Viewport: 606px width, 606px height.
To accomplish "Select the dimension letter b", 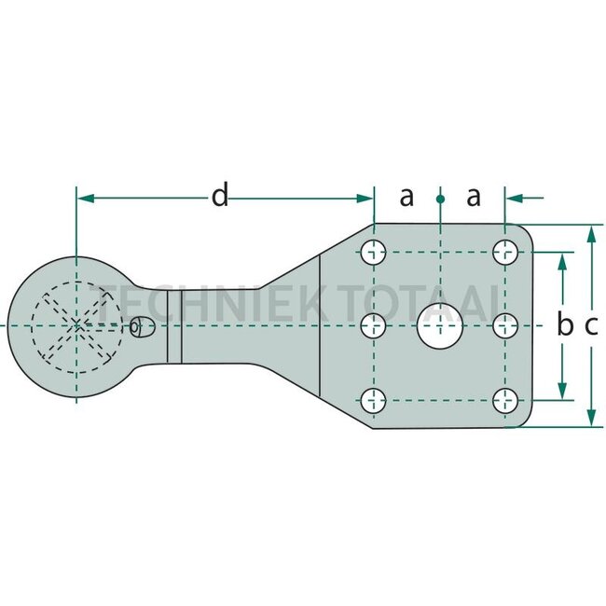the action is [565, 325].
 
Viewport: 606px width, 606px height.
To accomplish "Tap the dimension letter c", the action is [591, 326].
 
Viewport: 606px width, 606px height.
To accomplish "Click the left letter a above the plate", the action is [406, 197].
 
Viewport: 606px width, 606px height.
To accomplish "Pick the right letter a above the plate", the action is [474, 197].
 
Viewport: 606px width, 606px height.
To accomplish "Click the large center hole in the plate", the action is [440, 325].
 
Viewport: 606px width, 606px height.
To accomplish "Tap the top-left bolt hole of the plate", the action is [373, 252].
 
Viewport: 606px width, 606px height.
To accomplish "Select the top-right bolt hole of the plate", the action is [505, 252].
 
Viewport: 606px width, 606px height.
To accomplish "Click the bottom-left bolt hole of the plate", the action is [373, 400].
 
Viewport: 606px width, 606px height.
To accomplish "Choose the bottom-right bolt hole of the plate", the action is [505, 400].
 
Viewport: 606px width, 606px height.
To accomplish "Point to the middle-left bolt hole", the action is [373, 325].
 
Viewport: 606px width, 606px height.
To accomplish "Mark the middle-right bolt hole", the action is [505, 325].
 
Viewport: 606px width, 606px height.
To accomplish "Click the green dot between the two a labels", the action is [440, 199].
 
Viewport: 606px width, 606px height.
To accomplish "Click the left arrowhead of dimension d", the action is [86, 199].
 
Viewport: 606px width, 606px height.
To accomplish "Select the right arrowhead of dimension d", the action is [365, 199].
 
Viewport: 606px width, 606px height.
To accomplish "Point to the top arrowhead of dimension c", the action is [591, 235].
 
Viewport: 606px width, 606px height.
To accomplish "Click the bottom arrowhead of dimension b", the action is [563, 391].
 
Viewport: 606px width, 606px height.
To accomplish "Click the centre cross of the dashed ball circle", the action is [76, 325].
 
